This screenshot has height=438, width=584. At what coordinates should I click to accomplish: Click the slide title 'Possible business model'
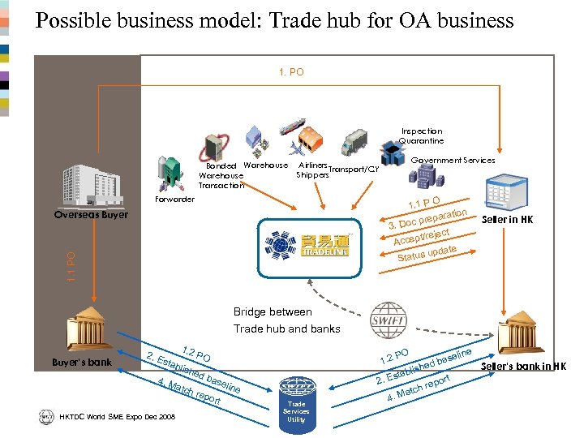click(274, 20)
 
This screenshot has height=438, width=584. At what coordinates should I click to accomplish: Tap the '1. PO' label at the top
click(291, 72)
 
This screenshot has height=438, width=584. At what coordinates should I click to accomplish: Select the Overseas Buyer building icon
click(92, 186)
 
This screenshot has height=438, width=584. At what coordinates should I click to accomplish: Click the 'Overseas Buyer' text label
click(91, 215)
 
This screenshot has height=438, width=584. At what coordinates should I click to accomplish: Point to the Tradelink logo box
click(303, 242)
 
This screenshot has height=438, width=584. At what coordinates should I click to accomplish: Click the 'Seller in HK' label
click(507, 220)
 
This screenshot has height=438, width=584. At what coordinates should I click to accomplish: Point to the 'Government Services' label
click(453, 161)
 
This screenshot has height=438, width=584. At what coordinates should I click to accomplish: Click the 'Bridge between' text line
click(273, 312)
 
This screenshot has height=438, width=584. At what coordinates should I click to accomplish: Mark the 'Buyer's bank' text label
click(88, 362)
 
